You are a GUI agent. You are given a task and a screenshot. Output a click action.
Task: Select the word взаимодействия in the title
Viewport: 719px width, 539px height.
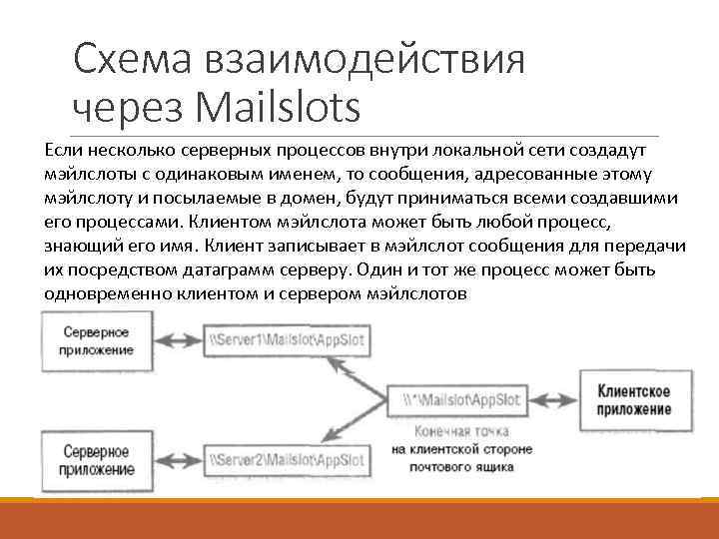point(363,61)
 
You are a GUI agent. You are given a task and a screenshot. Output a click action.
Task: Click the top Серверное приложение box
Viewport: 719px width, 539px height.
point(98,339)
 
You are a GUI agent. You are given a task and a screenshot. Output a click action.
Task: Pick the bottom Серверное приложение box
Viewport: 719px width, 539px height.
point(98,460)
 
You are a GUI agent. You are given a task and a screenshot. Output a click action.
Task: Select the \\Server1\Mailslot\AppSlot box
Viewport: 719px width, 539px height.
point(286,339)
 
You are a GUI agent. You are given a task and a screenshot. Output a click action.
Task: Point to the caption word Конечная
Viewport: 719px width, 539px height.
point(422,430)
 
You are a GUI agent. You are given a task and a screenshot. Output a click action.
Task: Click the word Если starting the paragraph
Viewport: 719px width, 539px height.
point(62,150)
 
